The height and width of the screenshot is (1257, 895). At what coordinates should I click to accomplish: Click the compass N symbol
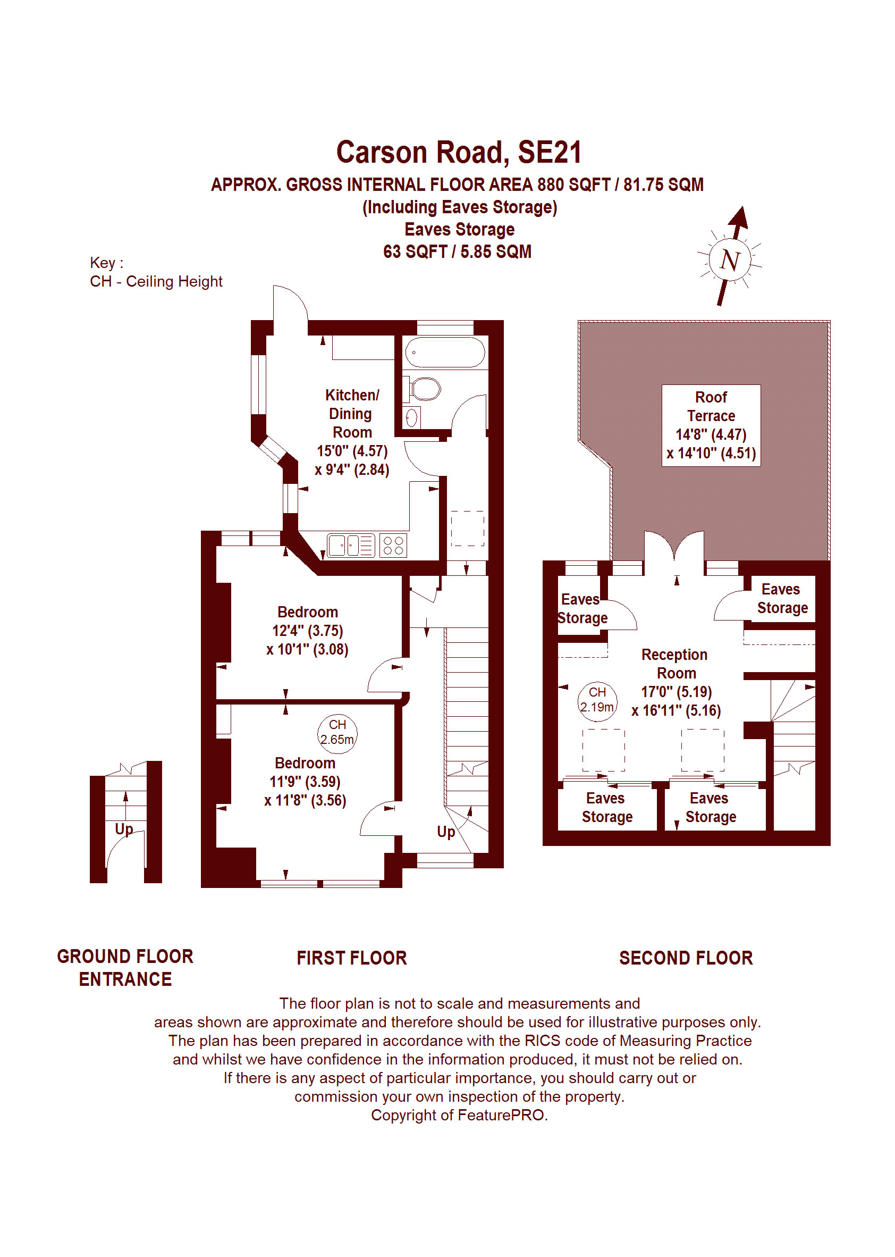coord(730,259)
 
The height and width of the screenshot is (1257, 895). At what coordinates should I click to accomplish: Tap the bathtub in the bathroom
coord(444,353)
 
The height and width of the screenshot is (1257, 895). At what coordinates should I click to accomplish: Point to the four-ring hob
coord(393,545)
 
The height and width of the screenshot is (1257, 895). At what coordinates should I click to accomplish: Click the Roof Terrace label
coord(711,406)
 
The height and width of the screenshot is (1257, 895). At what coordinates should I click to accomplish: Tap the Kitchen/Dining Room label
coord(352,414)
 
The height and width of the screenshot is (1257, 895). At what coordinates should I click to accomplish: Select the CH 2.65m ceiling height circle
coord(337,732)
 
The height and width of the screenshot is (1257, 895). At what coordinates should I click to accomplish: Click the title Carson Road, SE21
coord(459,153)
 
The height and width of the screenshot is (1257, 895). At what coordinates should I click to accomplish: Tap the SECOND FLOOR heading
coord(686,958)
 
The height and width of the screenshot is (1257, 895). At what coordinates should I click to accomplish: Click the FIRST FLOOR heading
coord(352,958)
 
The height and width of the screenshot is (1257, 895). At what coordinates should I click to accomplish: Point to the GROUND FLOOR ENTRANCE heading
coord(125,968)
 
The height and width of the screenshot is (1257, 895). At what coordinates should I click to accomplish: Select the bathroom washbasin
coord(412,417)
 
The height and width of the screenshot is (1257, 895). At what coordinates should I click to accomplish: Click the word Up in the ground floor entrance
coord(124,829)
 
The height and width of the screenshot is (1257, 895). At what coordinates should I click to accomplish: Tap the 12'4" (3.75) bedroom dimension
coord(308,631)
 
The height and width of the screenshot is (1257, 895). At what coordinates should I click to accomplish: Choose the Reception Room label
coord(676,664)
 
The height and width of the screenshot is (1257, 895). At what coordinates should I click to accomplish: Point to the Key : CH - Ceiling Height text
coord(156,272)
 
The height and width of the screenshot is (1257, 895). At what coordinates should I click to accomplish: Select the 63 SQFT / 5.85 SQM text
coord(458,252)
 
